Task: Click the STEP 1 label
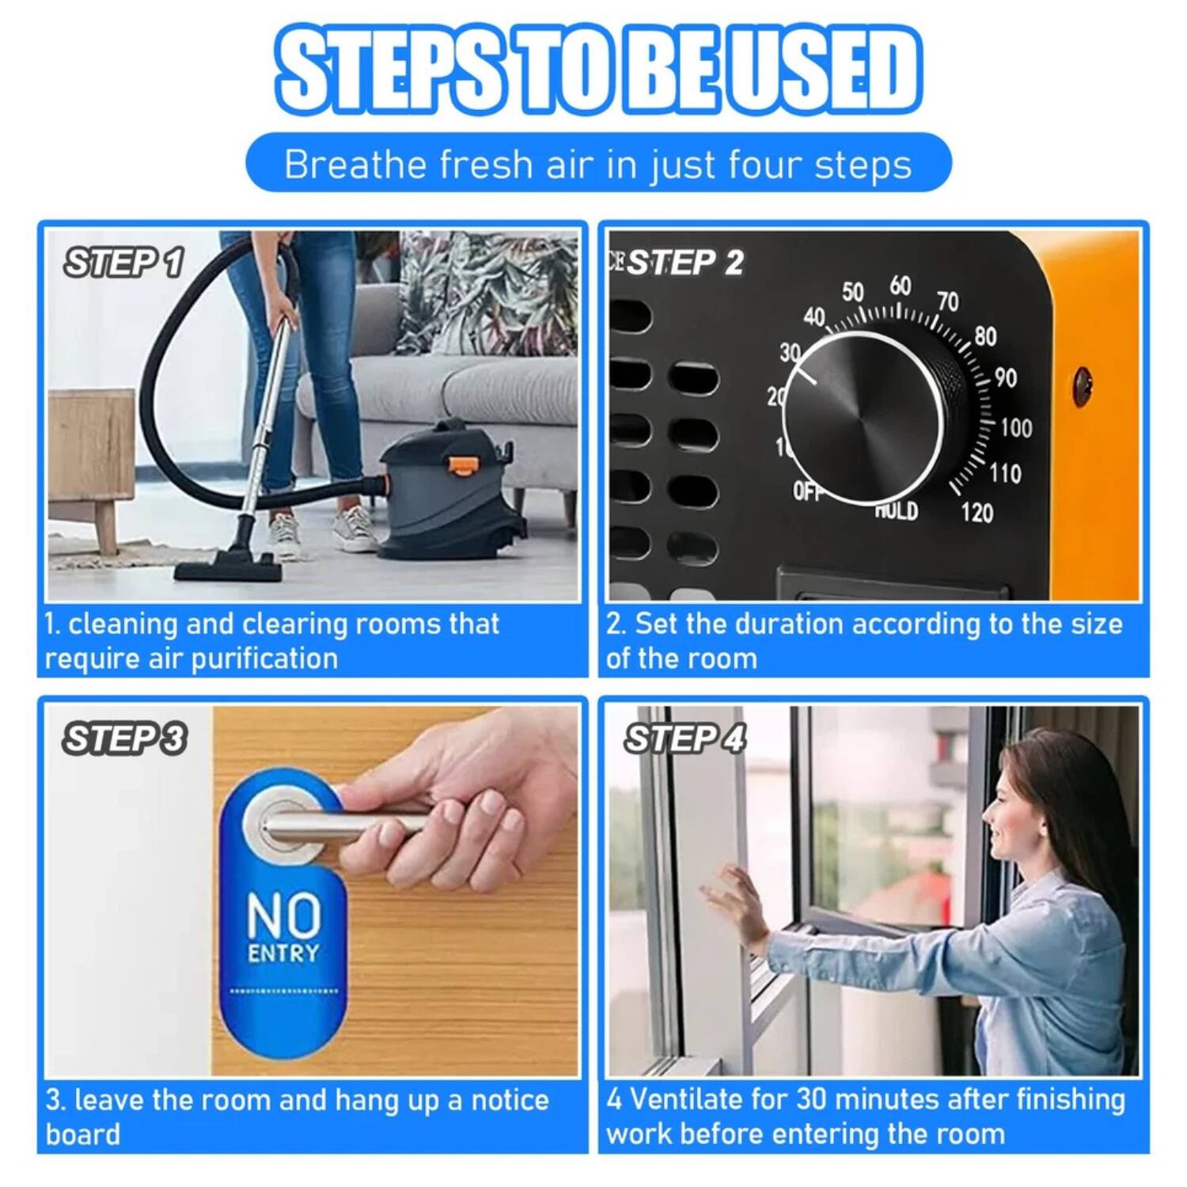pyautogui.click(x=123, y=262)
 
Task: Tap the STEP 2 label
pyautogui.click(x=685, y=263)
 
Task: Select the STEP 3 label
pyautogui.click(x=124, y=739)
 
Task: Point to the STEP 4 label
pyautogui.click(x=685, y=739)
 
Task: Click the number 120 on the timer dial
pyautogui.click(x=977, y=513)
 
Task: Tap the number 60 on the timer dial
pyautogui.click(x=900, y=286)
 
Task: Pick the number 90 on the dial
pyautogui.click(x=1005, y=378)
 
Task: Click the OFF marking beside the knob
pyautogui.click(x=808, y=492)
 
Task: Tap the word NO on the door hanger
pyautogui.click(x=283, y=915)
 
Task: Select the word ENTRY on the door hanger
pyautogui.click(x=283, y=953)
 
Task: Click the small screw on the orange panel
pyautogui.click(x=1081, y=385)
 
